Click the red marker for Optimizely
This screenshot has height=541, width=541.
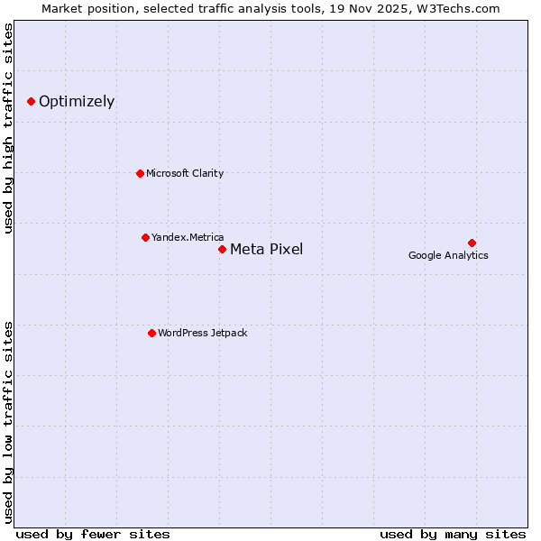31,101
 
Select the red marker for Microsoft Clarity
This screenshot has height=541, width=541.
140,173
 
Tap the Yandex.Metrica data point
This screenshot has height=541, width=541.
145,237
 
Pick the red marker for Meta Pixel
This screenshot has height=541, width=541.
222,249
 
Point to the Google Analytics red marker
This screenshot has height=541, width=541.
472,243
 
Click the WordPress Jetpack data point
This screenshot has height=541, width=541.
151,333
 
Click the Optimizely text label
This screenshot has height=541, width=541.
77,101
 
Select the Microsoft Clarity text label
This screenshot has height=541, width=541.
185,173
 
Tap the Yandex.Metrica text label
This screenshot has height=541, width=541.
188,237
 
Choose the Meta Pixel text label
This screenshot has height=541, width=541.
266,250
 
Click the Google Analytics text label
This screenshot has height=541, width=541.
448,255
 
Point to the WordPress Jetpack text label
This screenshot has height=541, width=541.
202,333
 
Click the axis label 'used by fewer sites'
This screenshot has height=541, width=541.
93,534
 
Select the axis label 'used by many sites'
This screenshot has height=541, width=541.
453,534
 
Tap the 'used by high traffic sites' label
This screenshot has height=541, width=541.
8,129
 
